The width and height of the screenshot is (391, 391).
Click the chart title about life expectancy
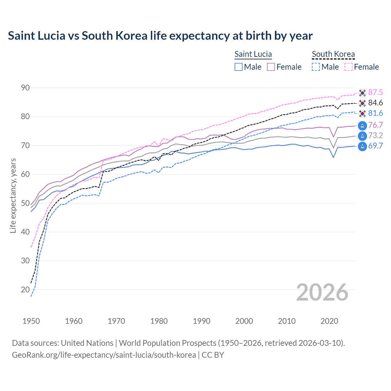[x=160, y=36]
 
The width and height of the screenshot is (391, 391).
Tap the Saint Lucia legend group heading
[x=253, y=54]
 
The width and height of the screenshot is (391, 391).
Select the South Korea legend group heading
[x=333, y=54]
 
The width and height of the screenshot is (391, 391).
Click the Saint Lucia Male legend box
[x=239, y=67]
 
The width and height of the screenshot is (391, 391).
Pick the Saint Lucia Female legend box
[x=271, y=67]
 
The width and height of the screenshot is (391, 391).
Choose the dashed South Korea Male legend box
[x=316, y=67]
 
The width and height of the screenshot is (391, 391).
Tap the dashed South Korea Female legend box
[x=349, y=67]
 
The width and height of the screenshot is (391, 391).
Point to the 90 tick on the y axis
[x=25, y=88]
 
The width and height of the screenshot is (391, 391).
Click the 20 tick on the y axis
[x=25, y=290]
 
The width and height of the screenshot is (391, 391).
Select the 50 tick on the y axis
[x=25, y=203]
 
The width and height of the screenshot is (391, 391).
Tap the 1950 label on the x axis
[x=31, y=321]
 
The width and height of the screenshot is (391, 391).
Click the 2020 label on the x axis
[x=329, y=321]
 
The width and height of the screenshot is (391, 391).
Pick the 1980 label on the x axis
[x=159, y=321]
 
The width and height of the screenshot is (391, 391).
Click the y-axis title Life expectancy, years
[x=13, y=195]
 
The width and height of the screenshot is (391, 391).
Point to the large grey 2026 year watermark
[x=322, y=292]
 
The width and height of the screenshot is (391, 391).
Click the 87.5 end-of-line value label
[x=375, y=93]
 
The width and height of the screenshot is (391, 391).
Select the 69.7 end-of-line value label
[x=375, y=146]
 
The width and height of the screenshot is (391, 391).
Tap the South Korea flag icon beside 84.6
[x=362, y=103]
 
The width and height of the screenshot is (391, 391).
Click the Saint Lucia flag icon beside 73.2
[x=362, y=136]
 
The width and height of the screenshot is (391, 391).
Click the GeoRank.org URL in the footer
[x=104, y=355]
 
